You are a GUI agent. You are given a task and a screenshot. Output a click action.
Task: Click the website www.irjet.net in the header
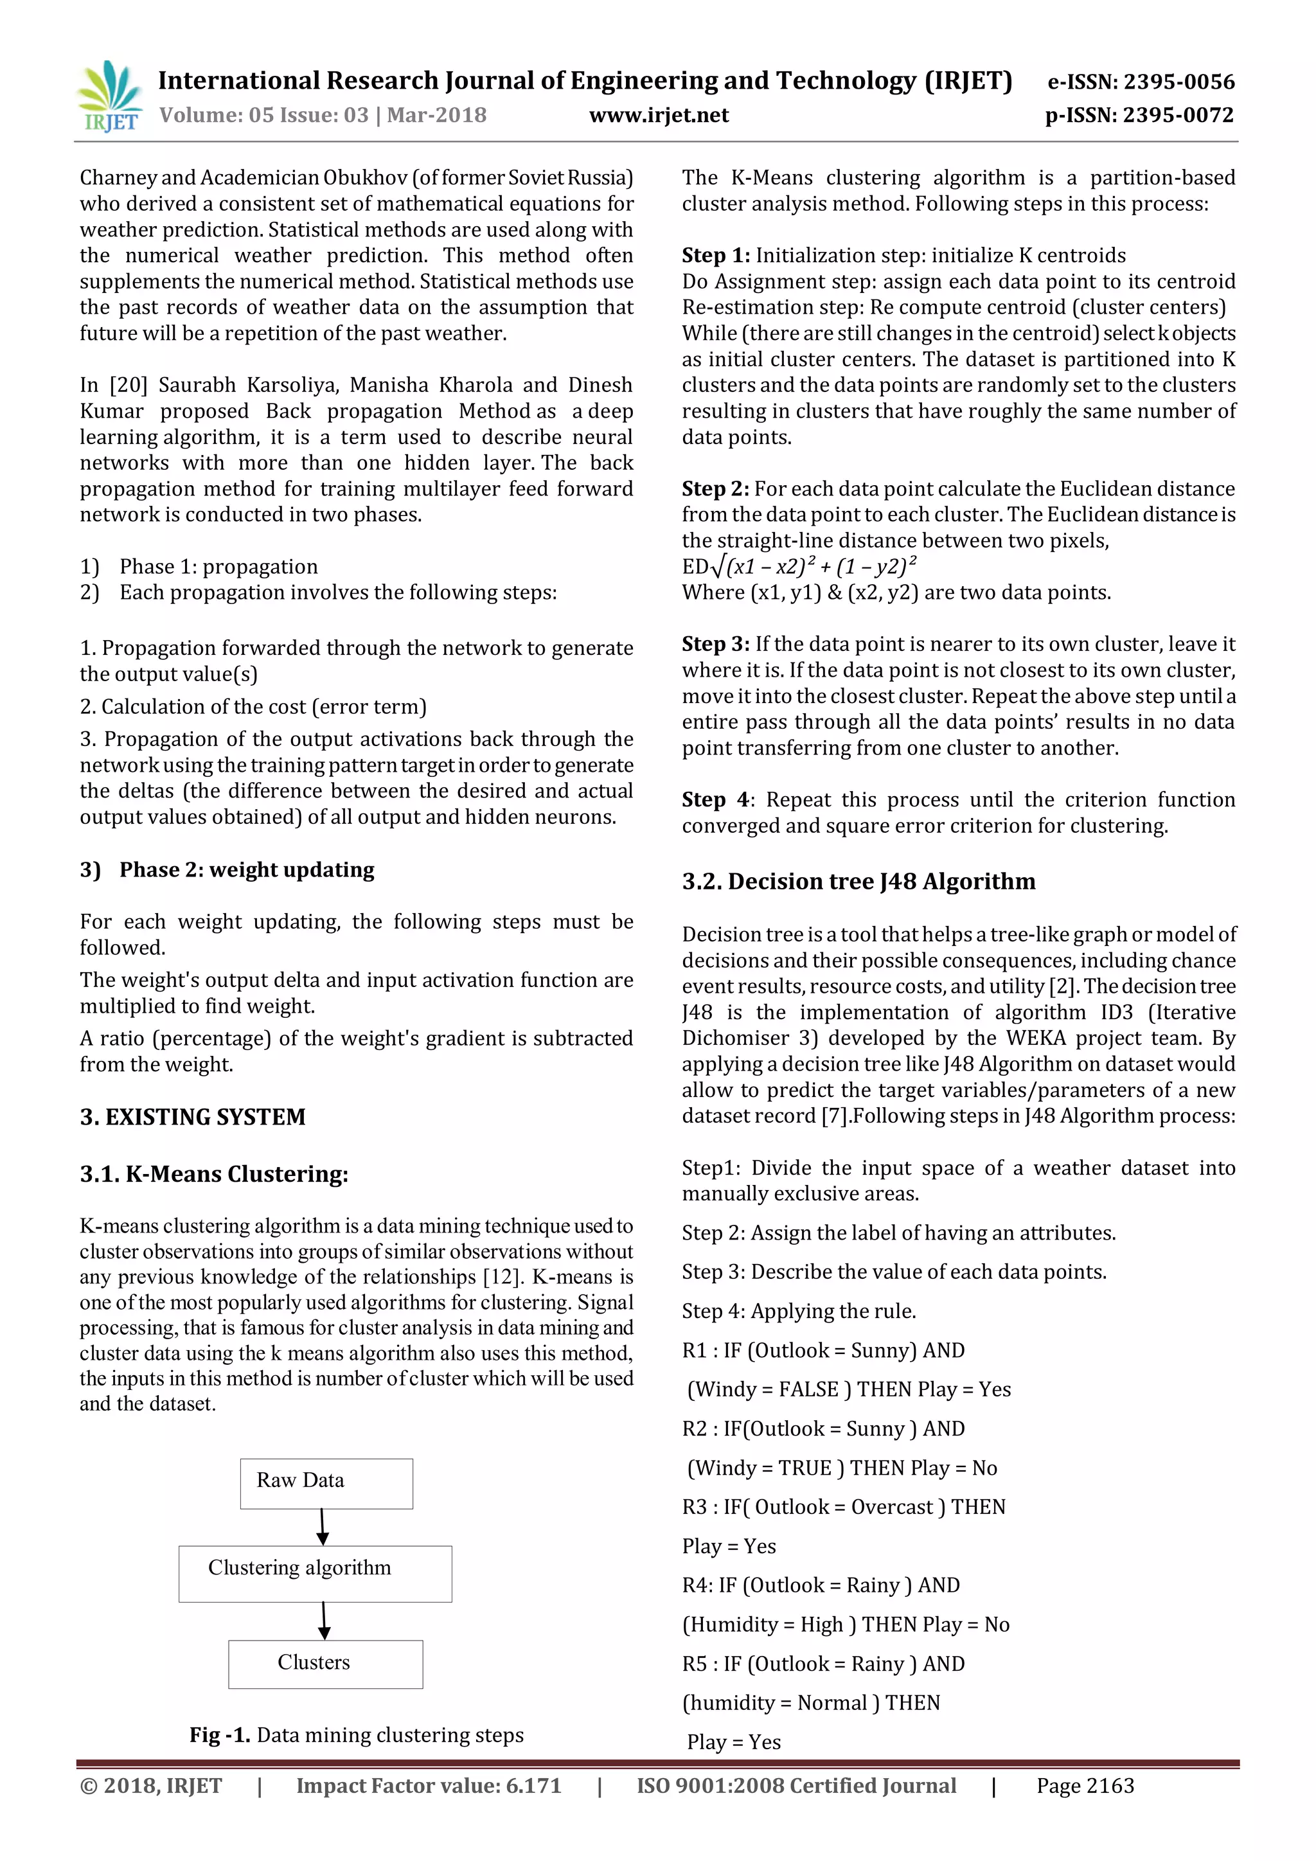point(658,115)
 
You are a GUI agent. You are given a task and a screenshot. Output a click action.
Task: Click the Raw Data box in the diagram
point(326,1483)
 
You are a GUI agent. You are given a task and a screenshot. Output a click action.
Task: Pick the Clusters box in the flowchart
point(325,1664)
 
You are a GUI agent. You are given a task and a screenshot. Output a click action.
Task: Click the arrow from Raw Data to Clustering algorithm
point(323,1527)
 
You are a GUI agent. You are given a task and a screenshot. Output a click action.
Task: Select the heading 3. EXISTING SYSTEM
point(192,1117)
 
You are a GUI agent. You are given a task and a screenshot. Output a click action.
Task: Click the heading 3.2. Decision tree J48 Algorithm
point(858,881)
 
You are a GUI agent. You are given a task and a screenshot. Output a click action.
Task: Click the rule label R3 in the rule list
point(695,1507)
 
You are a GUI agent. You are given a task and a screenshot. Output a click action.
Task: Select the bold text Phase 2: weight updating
point(246,869)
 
